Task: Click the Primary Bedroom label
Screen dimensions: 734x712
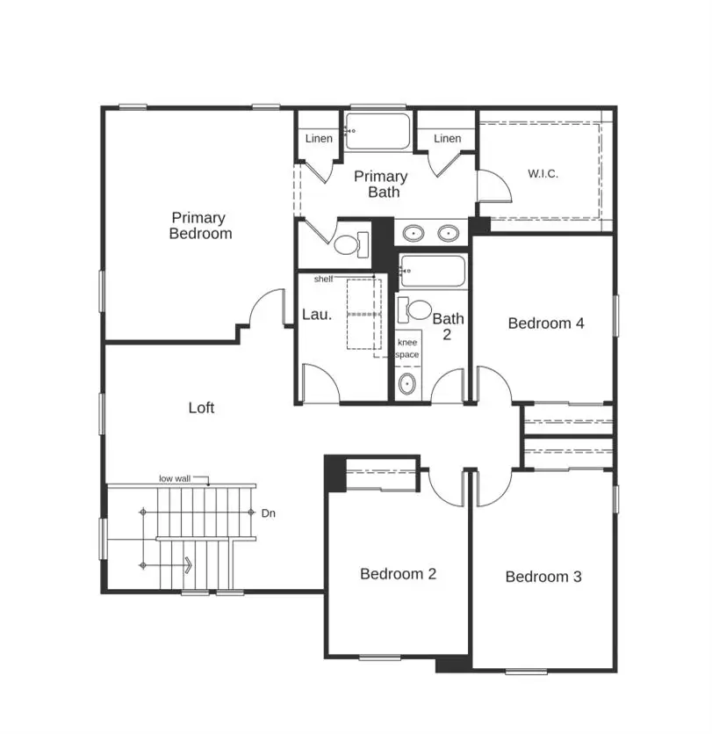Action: [x=200, y=226]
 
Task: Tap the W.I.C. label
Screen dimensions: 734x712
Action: [x=543, y=174]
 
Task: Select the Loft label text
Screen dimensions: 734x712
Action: [x=201, y=408]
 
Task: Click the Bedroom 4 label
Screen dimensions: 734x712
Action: [x=546, y=323]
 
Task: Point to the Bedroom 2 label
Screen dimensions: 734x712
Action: [x=398, y=574]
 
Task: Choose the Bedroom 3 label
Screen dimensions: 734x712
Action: [x=543, y=577]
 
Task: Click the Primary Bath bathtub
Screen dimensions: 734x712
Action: [x=378, y=132]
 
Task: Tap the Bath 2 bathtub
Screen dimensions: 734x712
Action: [x=432, y=272]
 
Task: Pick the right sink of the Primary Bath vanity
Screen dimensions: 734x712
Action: [x=448, y=234]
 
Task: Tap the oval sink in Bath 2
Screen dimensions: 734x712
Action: [x=406, y=384]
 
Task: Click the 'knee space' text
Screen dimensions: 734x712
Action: [x=407, y=348]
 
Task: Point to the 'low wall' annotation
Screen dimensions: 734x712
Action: [x=176, y=478]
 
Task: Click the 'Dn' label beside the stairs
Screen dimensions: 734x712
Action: [x=268, y=513]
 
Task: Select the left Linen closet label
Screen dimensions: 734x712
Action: [x=318, y=139]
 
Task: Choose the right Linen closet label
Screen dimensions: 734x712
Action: [x=447, y=139]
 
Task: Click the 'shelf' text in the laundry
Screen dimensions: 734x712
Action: [x=323, y=279]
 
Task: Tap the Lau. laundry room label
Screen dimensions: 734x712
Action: [x=317, y=315]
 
